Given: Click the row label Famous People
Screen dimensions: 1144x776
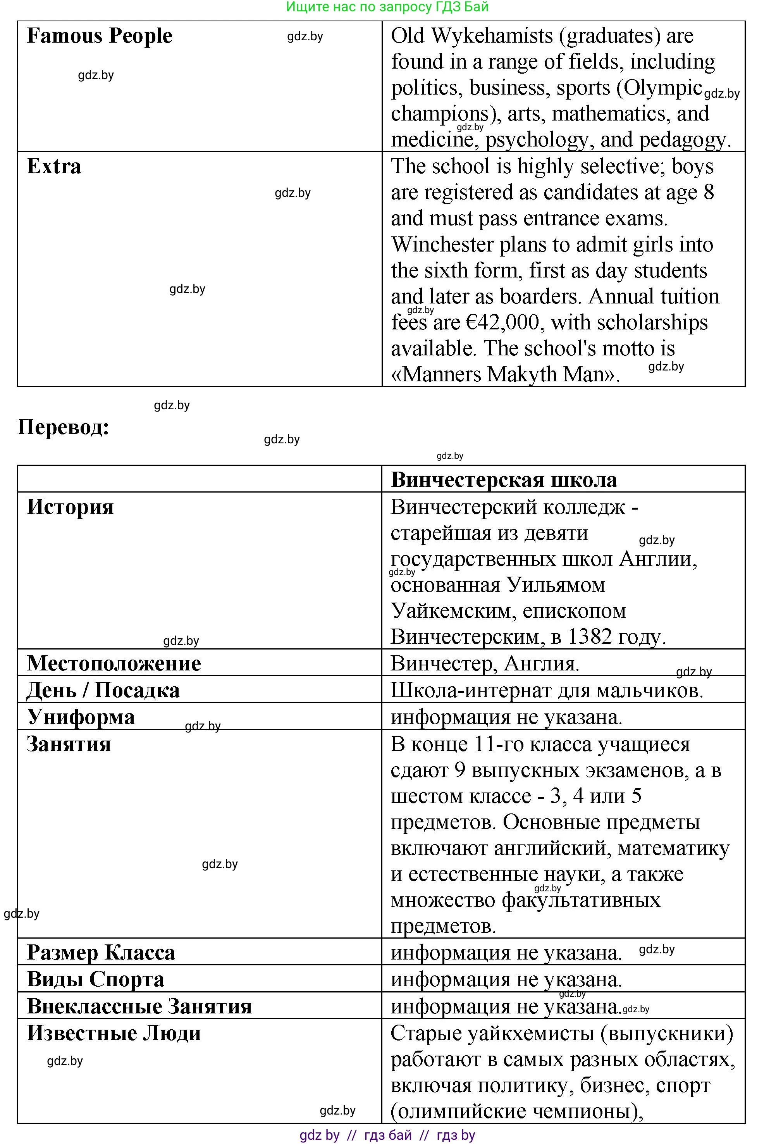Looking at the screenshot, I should click(x=100, y=36).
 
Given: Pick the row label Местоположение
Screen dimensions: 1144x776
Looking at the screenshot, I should click(x=114, y=663).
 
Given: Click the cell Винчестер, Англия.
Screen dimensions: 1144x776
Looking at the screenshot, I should click(x=485, y=663).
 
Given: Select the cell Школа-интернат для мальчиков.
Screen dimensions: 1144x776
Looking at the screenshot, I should click(x=547, y=690).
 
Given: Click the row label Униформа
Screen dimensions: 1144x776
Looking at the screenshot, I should click(x=80, y=717).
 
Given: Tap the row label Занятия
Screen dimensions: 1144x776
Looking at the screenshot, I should click(x=69, y=744).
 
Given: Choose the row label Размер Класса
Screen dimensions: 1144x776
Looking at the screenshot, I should click(x=101, y=952).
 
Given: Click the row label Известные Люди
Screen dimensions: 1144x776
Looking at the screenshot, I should click(x=114, y=1033).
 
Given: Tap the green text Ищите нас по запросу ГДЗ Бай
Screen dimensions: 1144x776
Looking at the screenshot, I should click(x=387, y=7).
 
